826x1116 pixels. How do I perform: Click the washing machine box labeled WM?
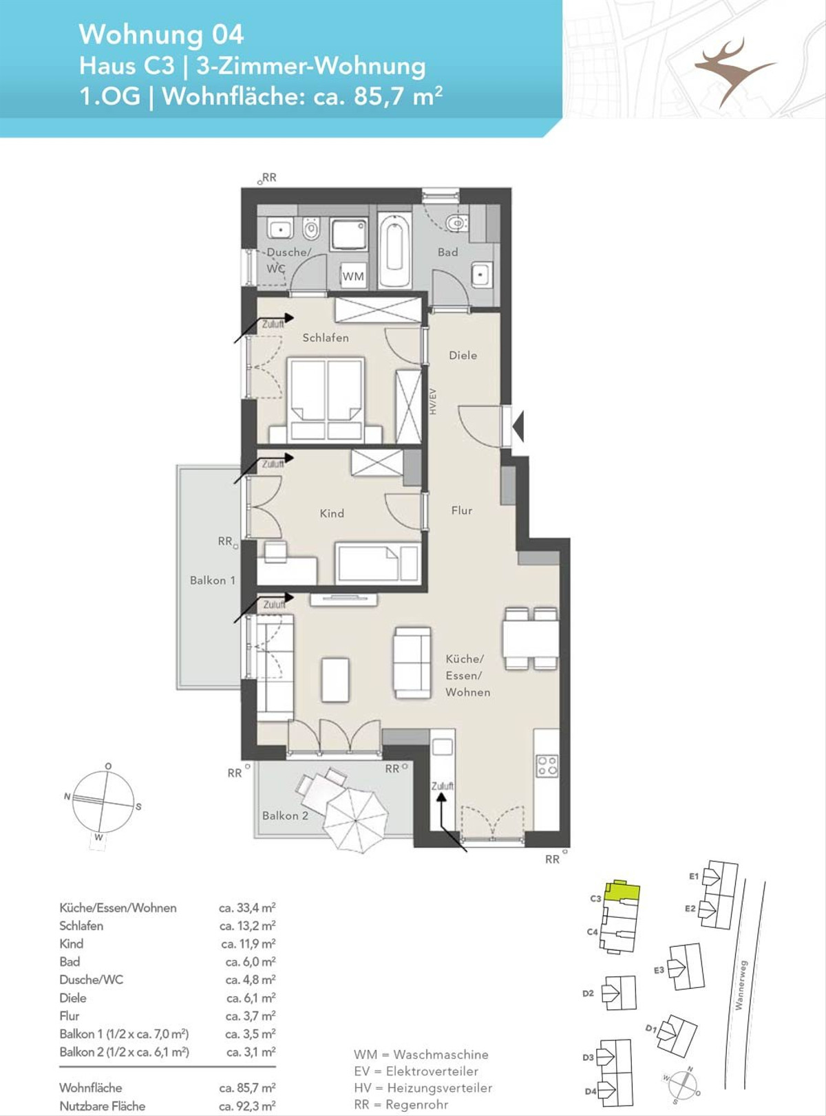353,276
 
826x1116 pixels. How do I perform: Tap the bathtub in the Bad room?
394,249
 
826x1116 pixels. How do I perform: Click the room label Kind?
332,513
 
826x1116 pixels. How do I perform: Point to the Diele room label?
463,355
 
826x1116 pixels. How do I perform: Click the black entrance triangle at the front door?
518,426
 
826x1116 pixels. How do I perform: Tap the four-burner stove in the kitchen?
547,765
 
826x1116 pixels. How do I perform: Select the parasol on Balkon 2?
356,820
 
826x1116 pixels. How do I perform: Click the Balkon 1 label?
213,580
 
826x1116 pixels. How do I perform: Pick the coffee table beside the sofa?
335,679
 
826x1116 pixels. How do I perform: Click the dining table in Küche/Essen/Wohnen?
531,639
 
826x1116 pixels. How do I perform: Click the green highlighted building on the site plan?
622,891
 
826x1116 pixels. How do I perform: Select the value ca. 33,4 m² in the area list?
247,908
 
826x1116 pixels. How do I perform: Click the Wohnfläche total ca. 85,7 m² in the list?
247,1087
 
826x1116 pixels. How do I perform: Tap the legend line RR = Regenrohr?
401,1104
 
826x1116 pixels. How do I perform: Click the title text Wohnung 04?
162,34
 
